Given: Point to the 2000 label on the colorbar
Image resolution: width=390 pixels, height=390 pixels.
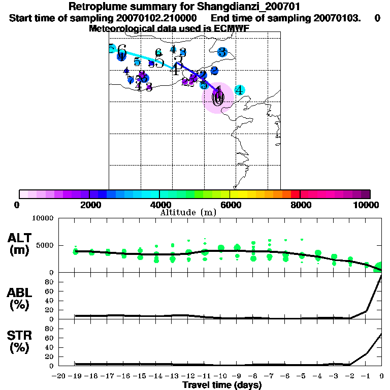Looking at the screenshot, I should click(88, 205).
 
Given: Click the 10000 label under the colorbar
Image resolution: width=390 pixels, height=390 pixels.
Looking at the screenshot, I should click(369, 205).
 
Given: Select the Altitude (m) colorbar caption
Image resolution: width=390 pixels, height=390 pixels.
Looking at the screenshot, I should click(188, 212).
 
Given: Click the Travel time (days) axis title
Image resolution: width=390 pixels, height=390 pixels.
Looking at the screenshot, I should click(222, 385).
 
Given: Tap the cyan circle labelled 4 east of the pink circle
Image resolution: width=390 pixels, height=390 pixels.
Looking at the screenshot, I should click(239, 90).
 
